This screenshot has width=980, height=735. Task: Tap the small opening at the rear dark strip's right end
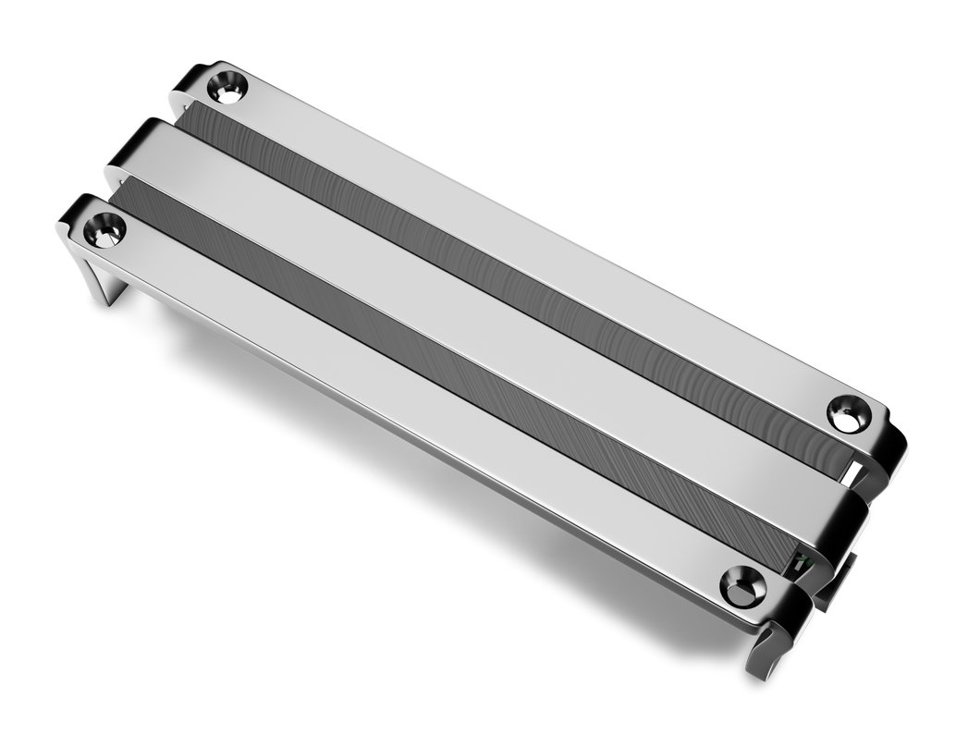(852, 472)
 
